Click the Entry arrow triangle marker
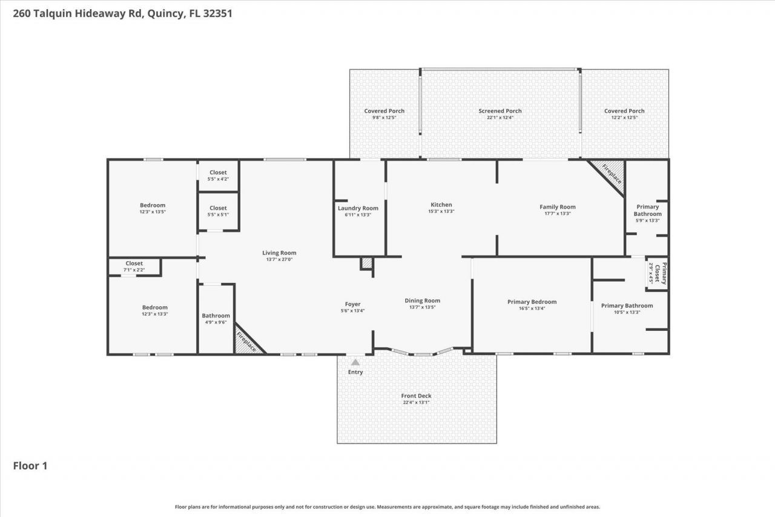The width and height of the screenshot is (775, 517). click(355, 362)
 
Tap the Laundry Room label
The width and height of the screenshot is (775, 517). click(358, 208)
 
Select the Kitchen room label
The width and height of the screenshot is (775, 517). click(441, 205)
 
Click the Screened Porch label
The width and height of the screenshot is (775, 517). click(500, 111)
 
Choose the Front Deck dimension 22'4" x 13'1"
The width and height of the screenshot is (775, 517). click(417, 402)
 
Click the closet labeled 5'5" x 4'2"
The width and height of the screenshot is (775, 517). click(218, 176)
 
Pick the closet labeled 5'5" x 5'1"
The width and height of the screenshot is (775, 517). click(218, 211)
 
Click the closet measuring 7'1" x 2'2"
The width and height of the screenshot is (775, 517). click(134, 266)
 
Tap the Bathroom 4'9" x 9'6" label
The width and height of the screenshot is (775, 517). click(216, 319)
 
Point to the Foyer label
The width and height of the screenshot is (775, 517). click(352, 304)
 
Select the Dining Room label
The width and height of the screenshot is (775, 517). click(422, 301)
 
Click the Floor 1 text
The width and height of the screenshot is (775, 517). click(30, 465)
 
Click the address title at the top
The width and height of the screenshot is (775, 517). click(123, 13)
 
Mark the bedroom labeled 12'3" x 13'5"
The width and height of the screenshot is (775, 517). click(153, 208)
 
